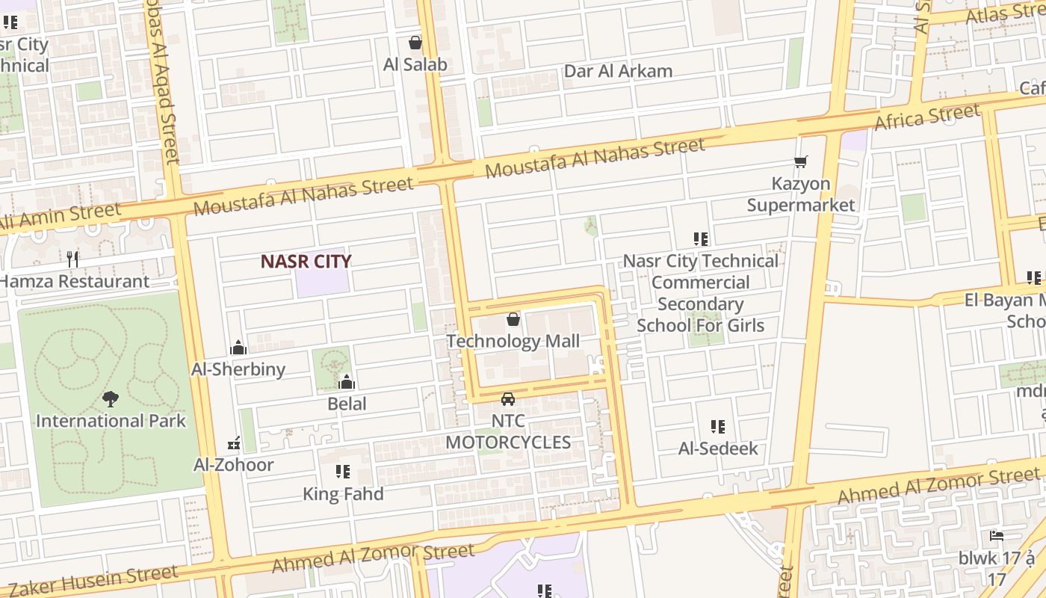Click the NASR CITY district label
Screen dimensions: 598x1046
pos(306,261)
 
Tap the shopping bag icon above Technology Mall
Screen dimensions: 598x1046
pos(513,320)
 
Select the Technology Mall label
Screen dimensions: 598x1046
pos(513,342)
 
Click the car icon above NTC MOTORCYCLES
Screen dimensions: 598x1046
pos(508,399)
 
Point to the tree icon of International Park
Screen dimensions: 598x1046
pos(111,399)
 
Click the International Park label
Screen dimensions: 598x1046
pos(111,421)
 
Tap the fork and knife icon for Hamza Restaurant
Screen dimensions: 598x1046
pos(72,259)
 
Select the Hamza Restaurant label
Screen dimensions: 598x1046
pos(75,282)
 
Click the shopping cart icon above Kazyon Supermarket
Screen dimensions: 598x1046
pos(801,161)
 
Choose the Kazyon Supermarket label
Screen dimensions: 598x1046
pos(801,194)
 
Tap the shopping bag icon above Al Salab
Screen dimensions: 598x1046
pos(415,43)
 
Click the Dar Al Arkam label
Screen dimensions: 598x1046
pos(618,71)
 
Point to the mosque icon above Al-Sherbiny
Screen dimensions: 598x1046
pos(238,348)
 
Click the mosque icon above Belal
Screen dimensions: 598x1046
pos(347,383)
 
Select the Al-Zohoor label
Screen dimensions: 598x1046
pos(234,464)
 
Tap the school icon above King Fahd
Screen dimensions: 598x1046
pos(343,472)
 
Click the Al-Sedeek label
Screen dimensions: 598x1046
pos(718,449)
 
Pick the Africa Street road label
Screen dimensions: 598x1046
pos(926,117)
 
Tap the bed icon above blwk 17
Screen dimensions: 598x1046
pos(996,536)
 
